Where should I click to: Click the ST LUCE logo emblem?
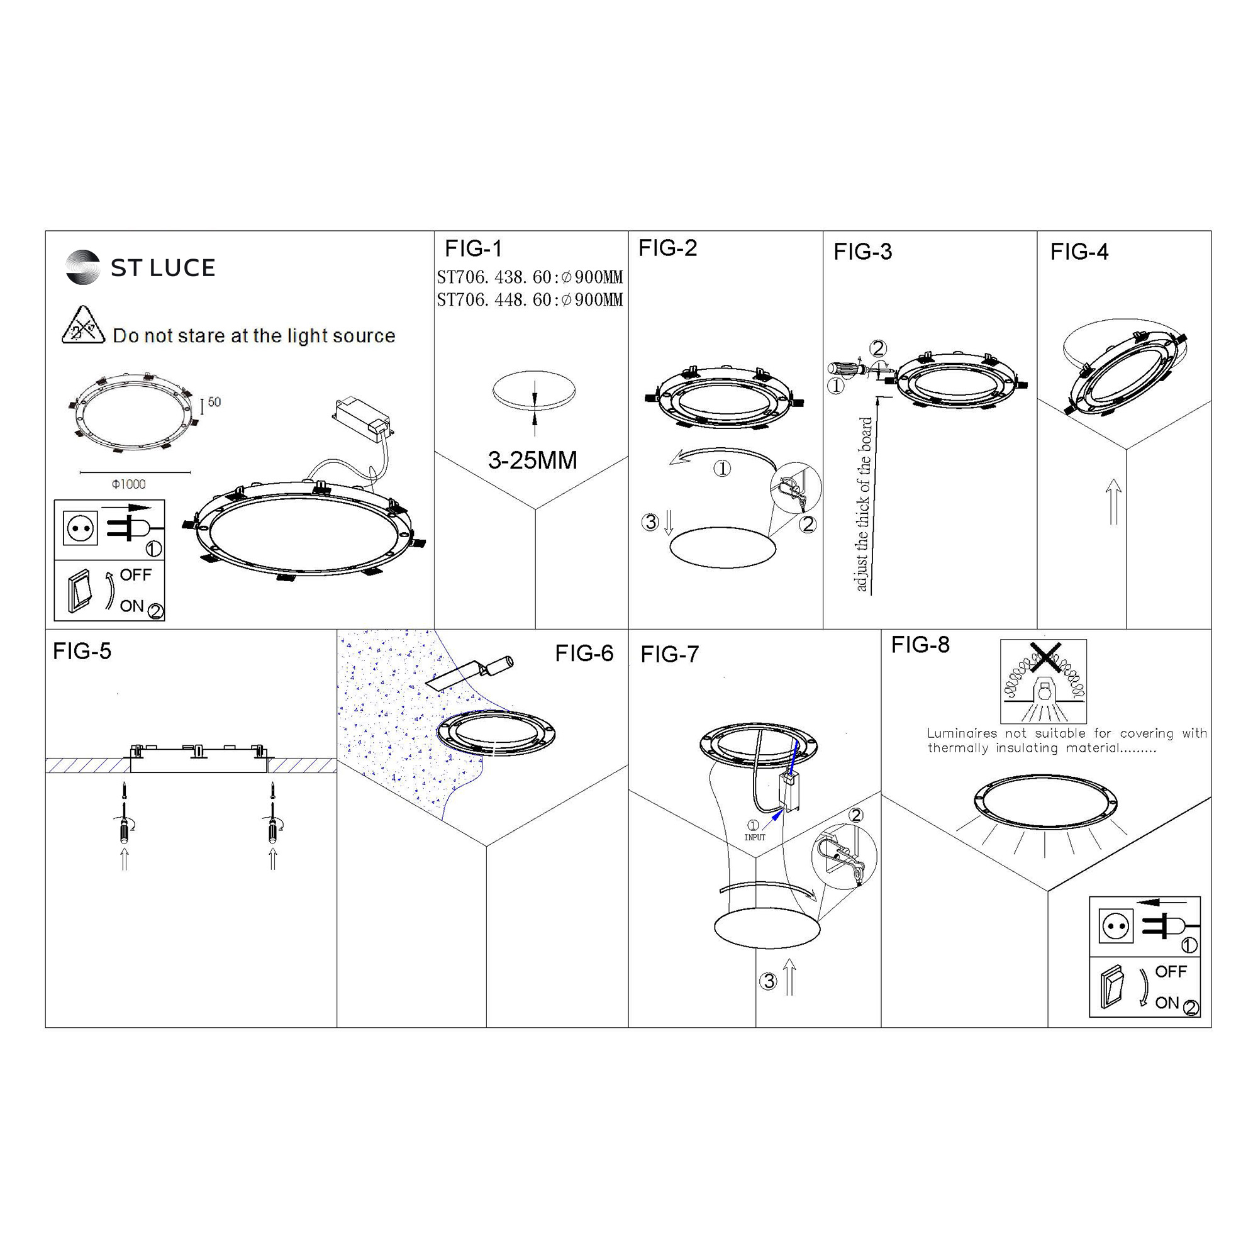[x=82, y=267]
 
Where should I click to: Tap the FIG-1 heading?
[x=474, y=248]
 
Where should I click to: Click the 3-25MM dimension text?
[x=533, y=460]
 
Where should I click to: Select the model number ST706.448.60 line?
[x=530, y=299]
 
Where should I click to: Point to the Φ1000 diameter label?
[x=129, y=484]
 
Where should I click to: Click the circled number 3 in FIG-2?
[x=650, y=521]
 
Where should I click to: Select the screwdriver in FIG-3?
[x=849, y=369]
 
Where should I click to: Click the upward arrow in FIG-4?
[x=1113, y=501]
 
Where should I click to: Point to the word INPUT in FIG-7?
[x=755, y=837]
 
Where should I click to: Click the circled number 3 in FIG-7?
[x=769, y=981]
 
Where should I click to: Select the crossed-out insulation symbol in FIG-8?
[x=1043, y=681]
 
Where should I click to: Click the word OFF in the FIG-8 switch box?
[x=1171, y=972]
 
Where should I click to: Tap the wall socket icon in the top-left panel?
[x=81, y=528]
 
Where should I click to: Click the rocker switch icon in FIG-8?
[x=1113, y=987]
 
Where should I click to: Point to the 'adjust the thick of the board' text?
[x=864, y=504]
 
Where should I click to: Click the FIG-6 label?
[x=584, y=653]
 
